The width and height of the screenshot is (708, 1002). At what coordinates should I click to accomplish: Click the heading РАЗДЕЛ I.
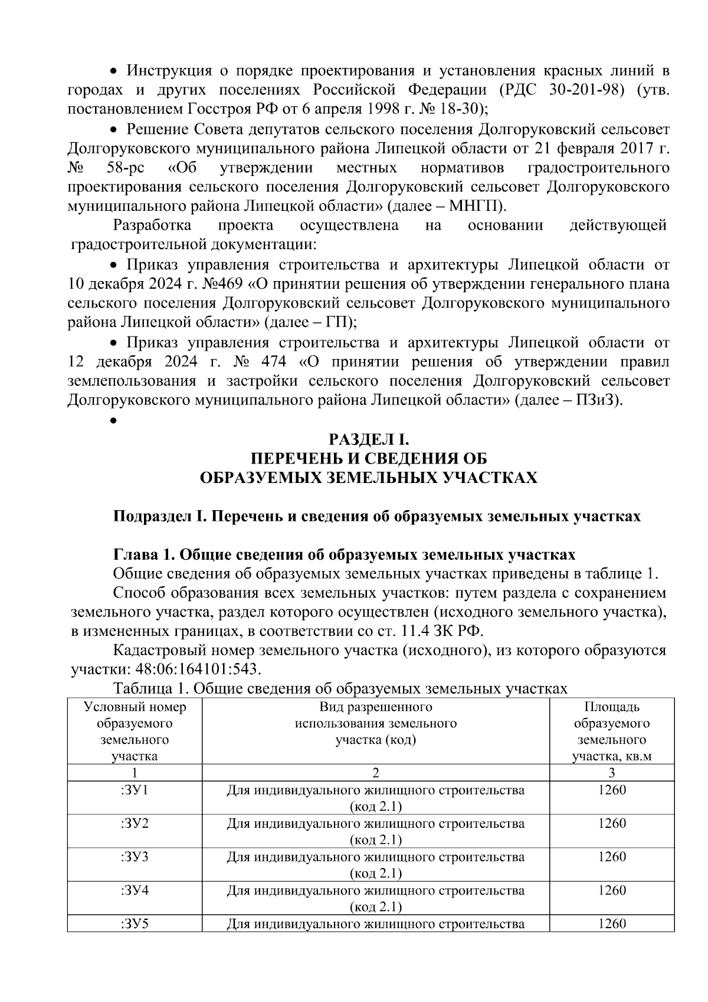pyautogui.click(x=368, y=440)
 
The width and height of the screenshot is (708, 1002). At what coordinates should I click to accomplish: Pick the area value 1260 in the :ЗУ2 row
pyautogui.click(x=611, y=823)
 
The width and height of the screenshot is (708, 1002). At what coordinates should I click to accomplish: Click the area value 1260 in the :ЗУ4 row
pyautogui.click(x=611, y=890)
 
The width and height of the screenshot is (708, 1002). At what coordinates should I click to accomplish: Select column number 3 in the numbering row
pyautogui.click(x=611, y=773)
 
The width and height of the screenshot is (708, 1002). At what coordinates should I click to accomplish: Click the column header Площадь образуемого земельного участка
pyautogui.click(x=611, y=731)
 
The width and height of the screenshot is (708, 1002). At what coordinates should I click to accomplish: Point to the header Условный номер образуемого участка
pyautogui.click(x=135, y=731)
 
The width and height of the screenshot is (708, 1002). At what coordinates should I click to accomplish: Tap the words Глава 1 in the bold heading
pyautogui.click(x=142, y=555)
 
